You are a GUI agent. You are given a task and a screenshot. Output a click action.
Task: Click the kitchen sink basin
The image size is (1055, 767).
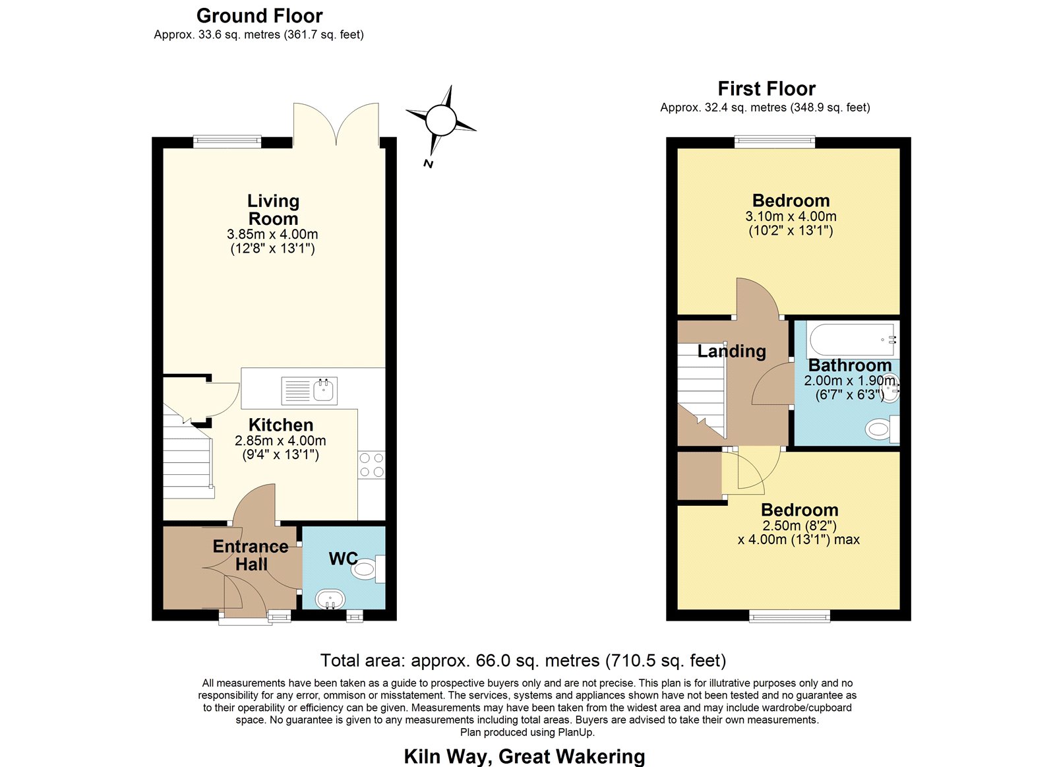[323, 390]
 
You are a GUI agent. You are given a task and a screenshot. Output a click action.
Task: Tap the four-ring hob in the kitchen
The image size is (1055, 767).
[372, 465]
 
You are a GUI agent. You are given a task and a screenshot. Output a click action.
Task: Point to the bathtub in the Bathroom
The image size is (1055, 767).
[851, 339]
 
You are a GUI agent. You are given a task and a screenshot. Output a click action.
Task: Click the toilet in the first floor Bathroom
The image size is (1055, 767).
[882, 429]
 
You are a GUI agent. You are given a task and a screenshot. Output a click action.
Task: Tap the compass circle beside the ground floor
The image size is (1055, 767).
[441, 120]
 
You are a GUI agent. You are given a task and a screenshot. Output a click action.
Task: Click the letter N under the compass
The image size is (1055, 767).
[428, 164]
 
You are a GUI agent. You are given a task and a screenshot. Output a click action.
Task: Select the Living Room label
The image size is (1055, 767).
[273, 210]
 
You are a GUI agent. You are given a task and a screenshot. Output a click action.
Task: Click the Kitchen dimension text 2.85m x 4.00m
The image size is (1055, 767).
[280, 441]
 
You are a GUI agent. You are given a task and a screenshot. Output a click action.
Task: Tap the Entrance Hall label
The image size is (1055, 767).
[251, 555]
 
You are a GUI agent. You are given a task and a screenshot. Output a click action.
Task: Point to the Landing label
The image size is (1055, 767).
[731, 352]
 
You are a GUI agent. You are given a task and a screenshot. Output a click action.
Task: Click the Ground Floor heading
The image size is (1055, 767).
[260, 16]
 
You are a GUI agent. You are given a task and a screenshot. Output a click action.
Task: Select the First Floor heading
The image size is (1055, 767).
[766, 88]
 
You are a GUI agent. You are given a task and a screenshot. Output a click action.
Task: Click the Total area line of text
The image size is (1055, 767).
[524, 661]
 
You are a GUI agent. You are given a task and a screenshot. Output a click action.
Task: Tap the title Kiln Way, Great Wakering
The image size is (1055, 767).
[524, 756]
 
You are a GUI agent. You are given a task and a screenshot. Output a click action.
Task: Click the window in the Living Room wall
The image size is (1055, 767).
[227, 142]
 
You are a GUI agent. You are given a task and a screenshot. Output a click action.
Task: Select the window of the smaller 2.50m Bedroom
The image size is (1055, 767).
[789, 616]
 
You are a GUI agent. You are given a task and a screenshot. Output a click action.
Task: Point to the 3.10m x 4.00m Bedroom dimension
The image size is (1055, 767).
[791, 216]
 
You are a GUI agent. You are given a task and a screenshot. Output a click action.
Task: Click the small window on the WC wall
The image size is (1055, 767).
[355, 616]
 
